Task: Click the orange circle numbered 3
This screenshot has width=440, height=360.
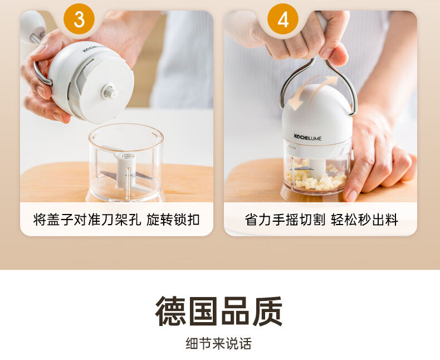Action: pos(79,19)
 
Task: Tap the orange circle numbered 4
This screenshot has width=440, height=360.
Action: pos(283,19)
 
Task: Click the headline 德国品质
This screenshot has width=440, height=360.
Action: pos(219,311)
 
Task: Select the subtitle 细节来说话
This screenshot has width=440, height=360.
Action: pos(218,343)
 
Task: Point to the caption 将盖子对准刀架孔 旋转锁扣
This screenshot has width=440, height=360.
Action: pos(116,220)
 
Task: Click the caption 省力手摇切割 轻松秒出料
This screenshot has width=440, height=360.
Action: pos(321,220)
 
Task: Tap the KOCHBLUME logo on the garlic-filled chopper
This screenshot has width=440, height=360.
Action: pos(307,137)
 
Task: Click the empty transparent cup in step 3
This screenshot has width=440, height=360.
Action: pos(125,162)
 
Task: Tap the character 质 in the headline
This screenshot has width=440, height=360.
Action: pos(267,311)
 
